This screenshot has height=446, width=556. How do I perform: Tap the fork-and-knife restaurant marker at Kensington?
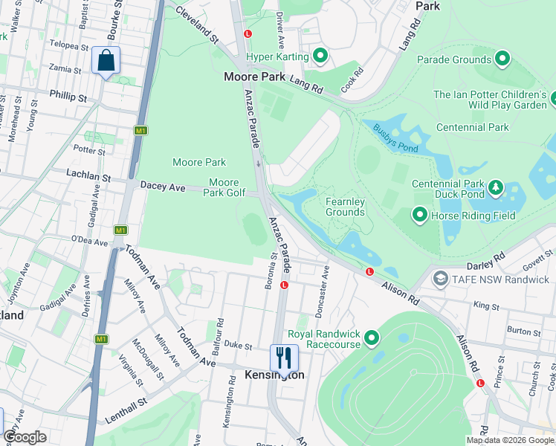pyautogui.click(x=284, y=358)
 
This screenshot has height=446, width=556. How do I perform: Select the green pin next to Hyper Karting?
pyautogui.click(x=320, y=56)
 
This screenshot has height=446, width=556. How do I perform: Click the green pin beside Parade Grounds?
pyautogui.click(x=502, y=59)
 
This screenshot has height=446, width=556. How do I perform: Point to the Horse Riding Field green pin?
pyautogui.click(x=420, y=216)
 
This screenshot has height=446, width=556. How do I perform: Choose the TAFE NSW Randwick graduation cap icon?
pyautogui.click(x=440, y=279)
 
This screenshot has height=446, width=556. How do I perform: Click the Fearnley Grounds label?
pyautogui.click(x=345, y=207)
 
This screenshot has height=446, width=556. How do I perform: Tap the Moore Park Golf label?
pyautogui.click(x=224, y=187)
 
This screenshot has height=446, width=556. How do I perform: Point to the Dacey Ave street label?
pyautogui.click(x=164, y=188)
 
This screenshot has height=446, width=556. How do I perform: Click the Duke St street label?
pyautogui.click(x=239, y=345)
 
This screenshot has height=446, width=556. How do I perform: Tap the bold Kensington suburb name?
pyautogui.click(x=274, y=375)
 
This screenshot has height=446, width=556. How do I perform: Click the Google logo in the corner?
pyautogui.click(x=25, y=437)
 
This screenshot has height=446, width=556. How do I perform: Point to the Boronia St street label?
pyautogui.click(x=274, y=267)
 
